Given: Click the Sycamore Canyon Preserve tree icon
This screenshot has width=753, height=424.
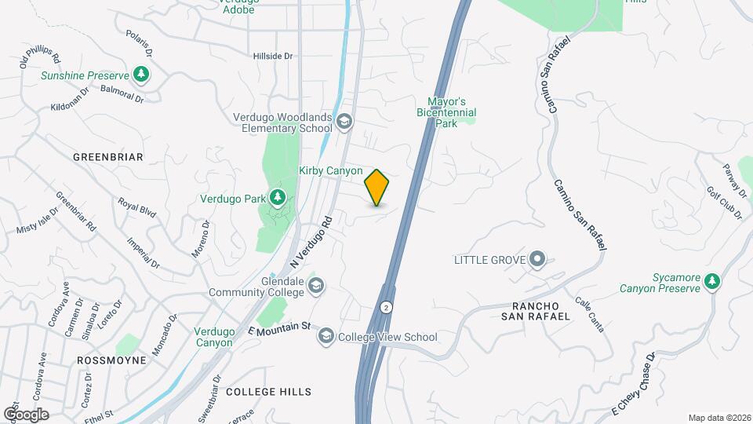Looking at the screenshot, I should coord(712,281).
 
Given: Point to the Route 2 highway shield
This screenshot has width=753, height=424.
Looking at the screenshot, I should coord(386,305).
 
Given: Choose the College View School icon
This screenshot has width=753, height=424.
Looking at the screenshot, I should coord(326,337).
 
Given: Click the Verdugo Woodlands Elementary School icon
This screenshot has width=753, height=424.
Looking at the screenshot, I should coord(344,122).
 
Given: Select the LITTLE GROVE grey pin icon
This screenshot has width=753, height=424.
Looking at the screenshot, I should coord(537,259).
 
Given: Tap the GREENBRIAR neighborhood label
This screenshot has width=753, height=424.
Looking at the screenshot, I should coord(108,157).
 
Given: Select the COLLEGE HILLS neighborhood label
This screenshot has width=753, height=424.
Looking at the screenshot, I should coord(268,391).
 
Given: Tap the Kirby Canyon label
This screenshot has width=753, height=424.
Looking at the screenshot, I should coord(330,170).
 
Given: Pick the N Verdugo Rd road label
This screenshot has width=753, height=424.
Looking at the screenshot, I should coord(312,240).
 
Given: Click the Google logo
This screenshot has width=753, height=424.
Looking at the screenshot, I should coord(26,414).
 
